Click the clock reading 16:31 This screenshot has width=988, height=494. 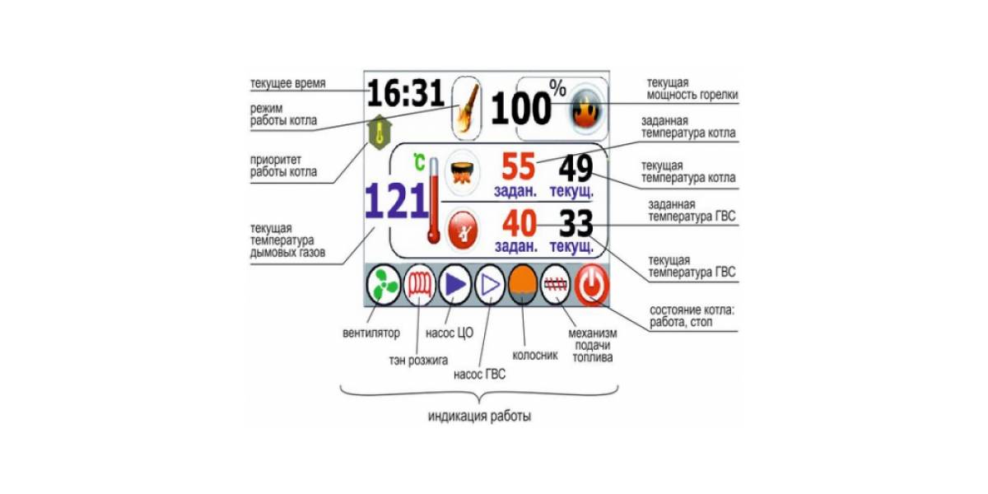(x=405, y=92)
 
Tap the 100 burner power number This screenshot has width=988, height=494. (x=521, y=108)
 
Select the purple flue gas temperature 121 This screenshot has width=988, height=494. (x=397, y=202)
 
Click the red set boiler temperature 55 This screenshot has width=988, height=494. (x=518, y=166)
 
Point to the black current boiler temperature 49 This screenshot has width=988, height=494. (x=576, y=168)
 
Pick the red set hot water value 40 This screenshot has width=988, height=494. (x=520, y=223)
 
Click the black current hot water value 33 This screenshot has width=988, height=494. (x=576, y=224)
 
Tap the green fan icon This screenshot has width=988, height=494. (x=384, y=286)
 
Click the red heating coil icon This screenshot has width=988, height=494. (x=419, y=286)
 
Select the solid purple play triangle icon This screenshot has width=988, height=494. (x=455, y=286)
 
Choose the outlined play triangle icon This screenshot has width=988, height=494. (x=490, y=286)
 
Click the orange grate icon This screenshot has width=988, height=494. (x=523, y=286)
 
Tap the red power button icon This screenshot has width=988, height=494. (x=592, y=286)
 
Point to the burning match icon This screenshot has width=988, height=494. (x=467, y=109)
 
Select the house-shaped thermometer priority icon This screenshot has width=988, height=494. (x=379, y=133)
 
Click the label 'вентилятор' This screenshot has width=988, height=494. (x=371, y=333)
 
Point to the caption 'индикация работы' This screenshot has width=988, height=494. (x=479, y=416)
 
